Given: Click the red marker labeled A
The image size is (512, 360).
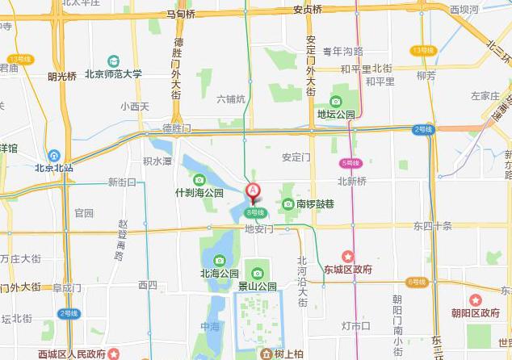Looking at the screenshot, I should pyautogui.click(x=253, y=192).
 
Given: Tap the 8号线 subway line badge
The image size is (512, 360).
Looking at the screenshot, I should pyautogui.click(x=255, y=212).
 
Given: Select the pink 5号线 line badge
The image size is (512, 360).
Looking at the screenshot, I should pyautogui.click(x=350, y=162).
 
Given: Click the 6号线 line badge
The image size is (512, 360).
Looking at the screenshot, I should pyautogui.click(x=417, y=282).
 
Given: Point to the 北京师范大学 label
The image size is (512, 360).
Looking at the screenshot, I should pyautogui.click(x=114, y=73).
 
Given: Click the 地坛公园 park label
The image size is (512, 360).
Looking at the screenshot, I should pyautogui.click(x=336, y=114).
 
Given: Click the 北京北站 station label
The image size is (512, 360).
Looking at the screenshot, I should pyautogui.click(x=53, y=168).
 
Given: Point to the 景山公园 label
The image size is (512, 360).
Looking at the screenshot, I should pyautogui.click(x=258, y=286).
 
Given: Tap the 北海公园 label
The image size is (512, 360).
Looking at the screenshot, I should pyautogui.click(x=220, y=273).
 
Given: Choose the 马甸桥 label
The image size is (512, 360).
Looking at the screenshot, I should pyautogui.click(x=181, y=14).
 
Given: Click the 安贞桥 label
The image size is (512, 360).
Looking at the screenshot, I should pyautogui.click(x=307, y=10).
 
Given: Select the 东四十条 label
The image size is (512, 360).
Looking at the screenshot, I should pyautogui.click(x=433, y=225).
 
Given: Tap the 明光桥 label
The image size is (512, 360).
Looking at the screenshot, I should pyautogui.click(x=61, y=77).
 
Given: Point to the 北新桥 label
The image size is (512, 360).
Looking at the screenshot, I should pyautogui.click(x=352, y=181).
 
